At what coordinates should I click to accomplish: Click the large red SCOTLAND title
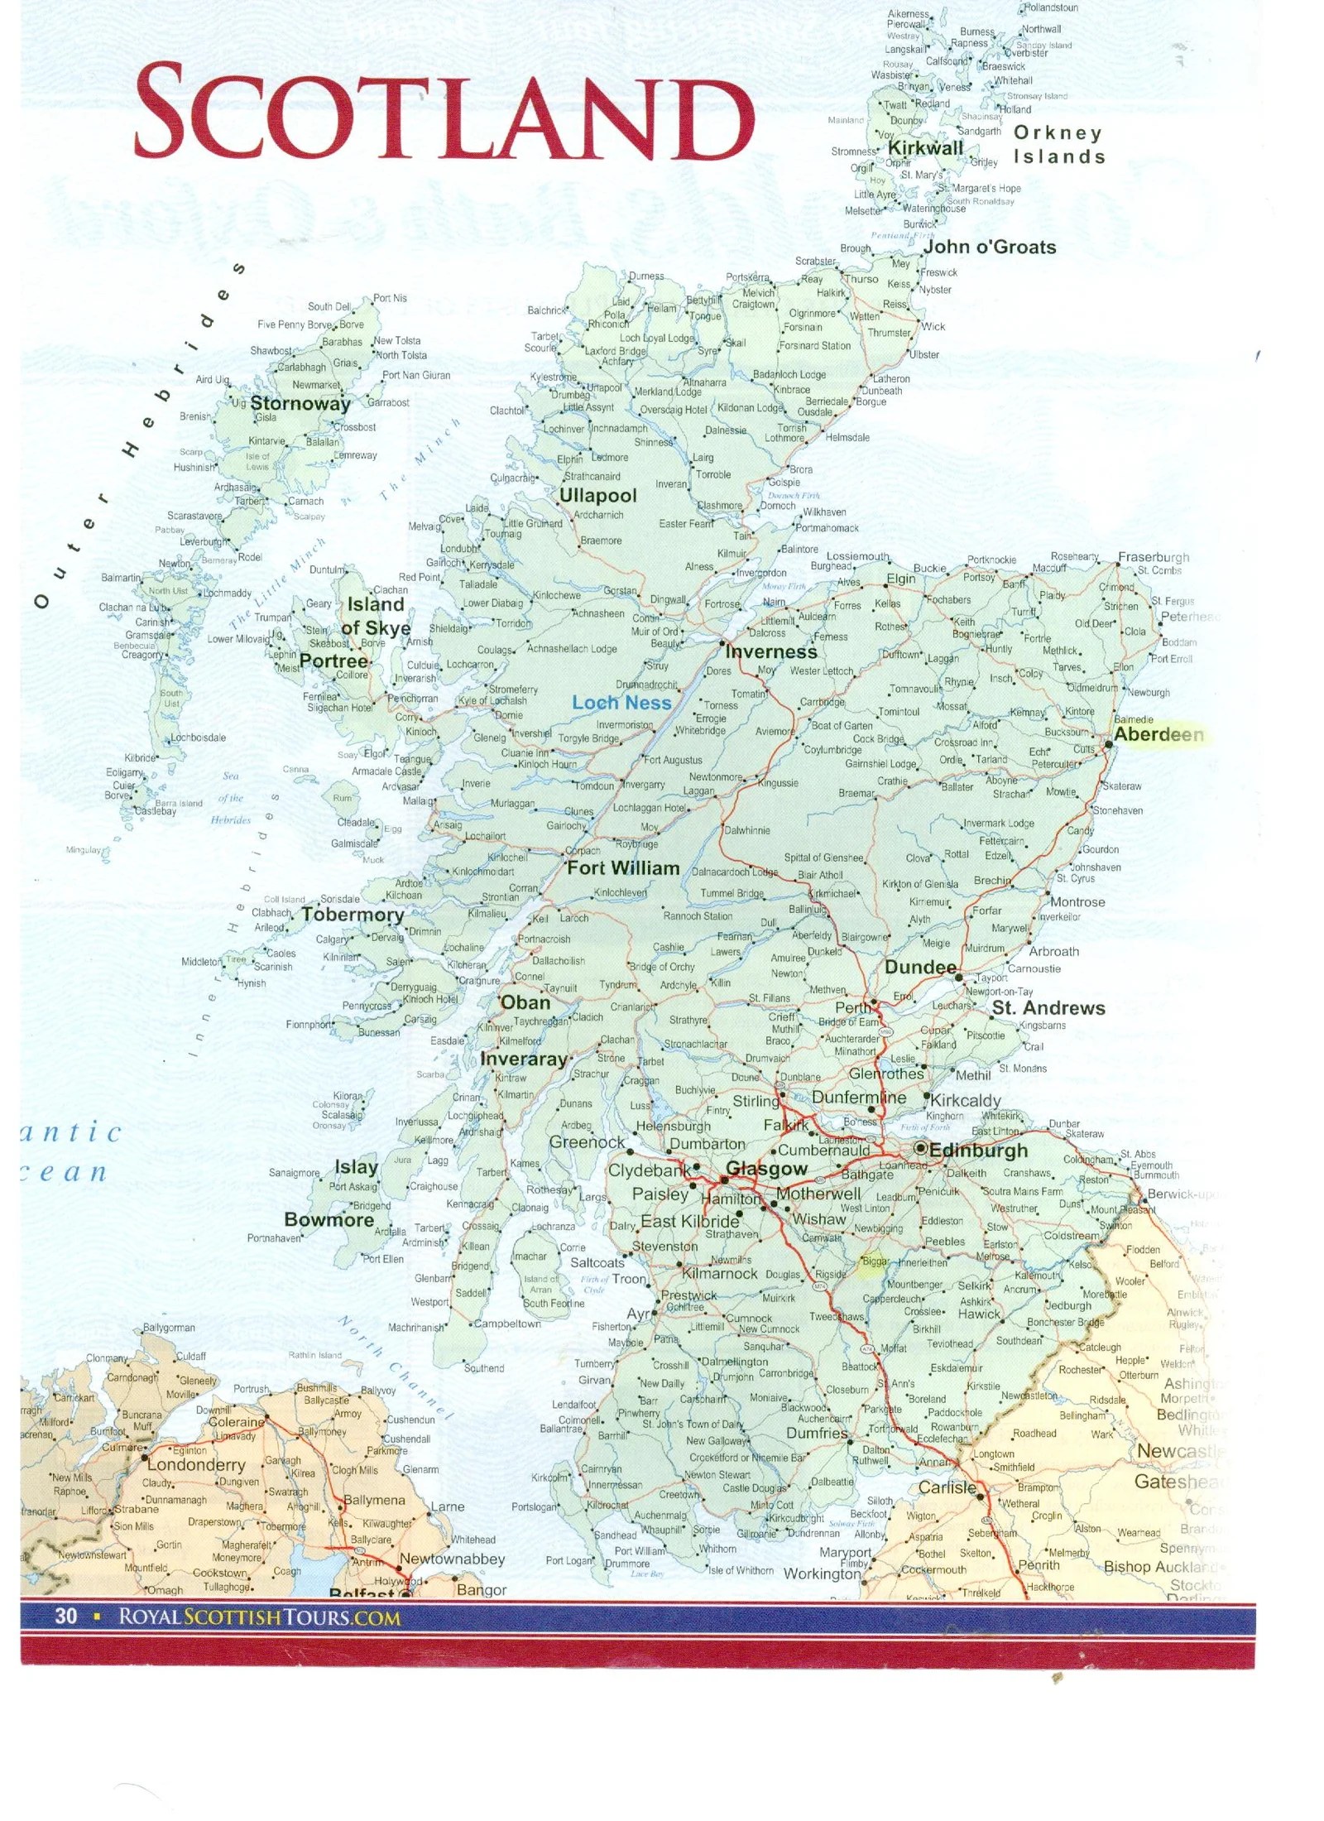[x=443, y=113]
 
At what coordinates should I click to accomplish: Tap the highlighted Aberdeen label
[x=1158, y=734]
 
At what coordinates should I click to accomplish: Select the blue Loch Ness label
[x=621, y=703]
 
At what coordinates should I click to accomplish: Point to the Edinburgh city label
[x=978, y=1151]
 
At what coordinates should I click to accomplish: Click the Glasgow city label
[x=765, y=1169]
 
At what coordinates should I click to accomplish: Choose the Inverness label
[x=770, y=651]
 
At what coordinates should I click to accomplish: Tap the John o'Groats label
[x=990, y=247]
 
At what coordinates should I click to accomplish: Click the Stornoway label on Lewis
[x=300, y=404]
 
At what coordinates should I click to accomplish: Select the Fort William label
[x=622, y=868]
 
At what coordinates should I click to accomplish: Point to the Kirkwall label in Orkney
[x=925, y=148]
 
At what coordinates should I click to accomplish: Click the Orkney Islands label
[x=1058, y=144]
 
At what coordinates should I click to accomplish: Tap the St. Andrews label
[x=1048, y=1007]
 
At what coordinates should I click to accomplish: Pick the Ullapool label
[x=597, y=496]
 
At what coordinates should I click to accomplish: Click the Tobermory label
[x=353, y=915]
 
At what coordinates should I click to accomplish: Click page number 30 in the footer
[x=65, y=1616]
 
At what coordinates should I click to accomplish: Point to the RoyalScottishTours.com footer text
[x=259, y=1617]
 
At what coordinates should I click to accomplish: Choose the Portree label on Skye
[x=333, y=661]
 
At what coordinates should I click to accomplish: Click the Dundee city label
[x=920, y=968]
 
